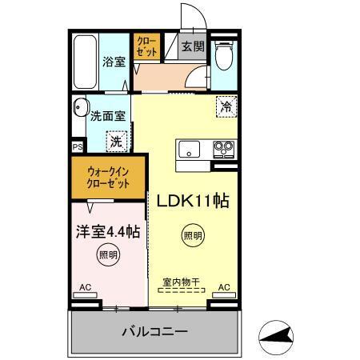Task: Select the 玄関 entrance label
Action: (192, 47)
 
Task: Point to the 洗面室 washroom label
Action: (107, 115)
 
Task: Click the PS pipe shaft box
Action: (78, 147)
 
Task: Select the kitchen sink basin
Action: (190, 149)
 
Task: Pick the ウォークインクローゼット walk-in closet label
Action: (108, 177)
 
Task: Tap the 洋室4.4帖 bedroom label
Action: (108, 232)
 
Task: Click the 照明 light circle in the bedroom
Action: (107, 255)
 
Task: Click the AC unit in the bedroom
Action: (85, 294)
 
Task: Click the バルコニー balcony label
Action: (154, 330)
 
